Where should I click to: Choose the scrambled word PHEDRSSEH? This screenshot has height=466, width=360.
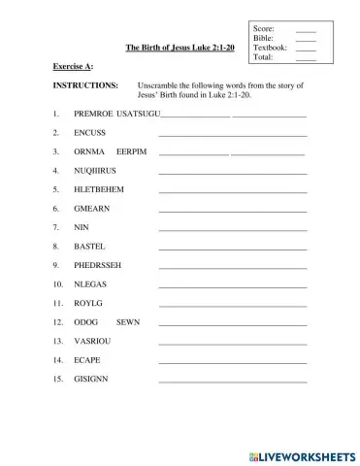tap(98, 264)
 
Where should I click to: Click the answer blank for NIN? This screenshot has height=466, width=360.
tap(232, 229)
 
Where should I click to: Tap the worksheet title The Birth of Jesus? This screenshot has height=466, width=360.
tap(180, 47)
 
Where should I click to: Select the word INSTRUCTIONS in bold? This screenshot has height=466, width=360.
tap(85, 85)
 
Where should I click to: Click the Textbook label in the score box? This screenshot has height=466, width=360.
tap(270, 48)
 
